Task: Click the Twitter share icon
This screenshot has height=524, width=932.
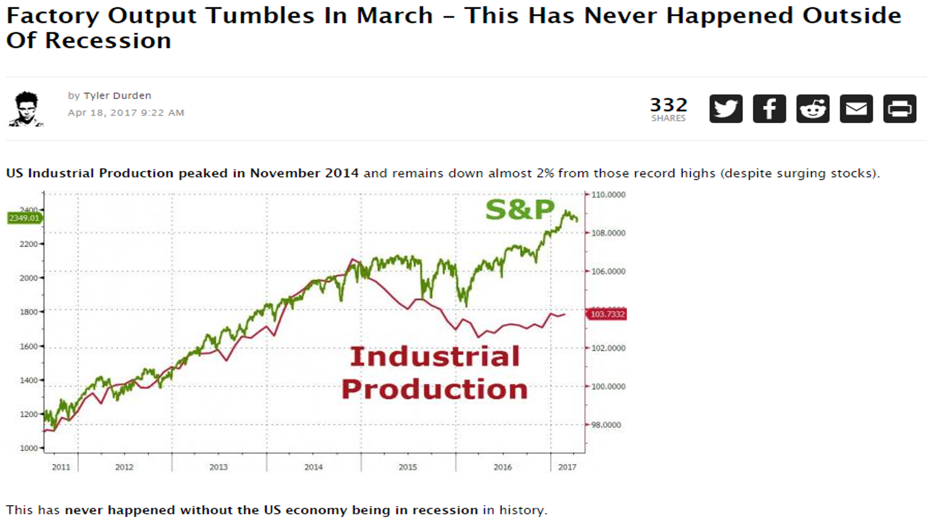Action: (x=726, y=109)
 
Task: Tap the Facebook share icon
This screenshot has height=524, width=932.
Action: (x=769, y=109)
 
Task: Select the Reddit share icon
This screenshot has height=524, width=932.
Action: (x=813, y=109)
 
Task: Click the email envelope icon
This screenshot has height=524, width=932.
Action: (x=856, y=109)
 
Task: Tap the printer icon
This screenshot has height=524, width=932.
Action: (x=899, y=109)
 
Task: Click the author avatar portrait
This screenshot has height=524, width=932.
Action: (x=26, y=109)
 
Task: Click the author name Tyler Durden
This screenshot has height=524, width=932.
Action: (x=117, y=96)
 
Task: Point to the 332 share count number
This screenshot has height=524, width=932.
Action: (x=668, y=105)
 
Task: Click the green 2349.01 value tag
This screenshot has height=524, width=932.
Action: (x=24, y=218)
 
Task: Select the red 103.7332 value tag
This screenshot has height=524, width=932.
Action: (x=607, y=314)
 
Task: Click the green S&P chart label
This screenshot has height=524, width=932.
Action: (x=519, y=210)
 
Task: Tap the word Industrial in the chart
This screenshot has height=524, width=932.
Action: (x=434, y=357)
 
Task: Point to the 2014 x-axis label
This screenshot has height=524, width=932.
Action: (x=313, y=467)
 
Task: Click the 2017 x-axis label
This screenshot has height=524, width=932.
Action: (x=567, y=467)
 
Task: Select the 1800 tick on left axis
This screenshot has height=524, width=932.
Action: (x=29, y=312)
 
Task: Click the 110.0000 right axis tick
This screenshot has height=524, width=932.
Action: (x=608, y=195)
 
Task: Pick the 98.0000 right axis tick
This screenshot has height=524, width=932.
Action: (x=606, y=425)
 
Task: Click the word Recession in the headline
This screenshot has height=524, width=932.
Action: (x=108, y=41)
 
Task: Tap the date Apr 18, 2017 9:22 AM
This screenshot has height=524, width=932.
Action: (x=126, y=113)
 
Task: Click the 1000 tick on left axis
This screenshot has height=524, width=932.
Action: (x=29, y=448)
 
